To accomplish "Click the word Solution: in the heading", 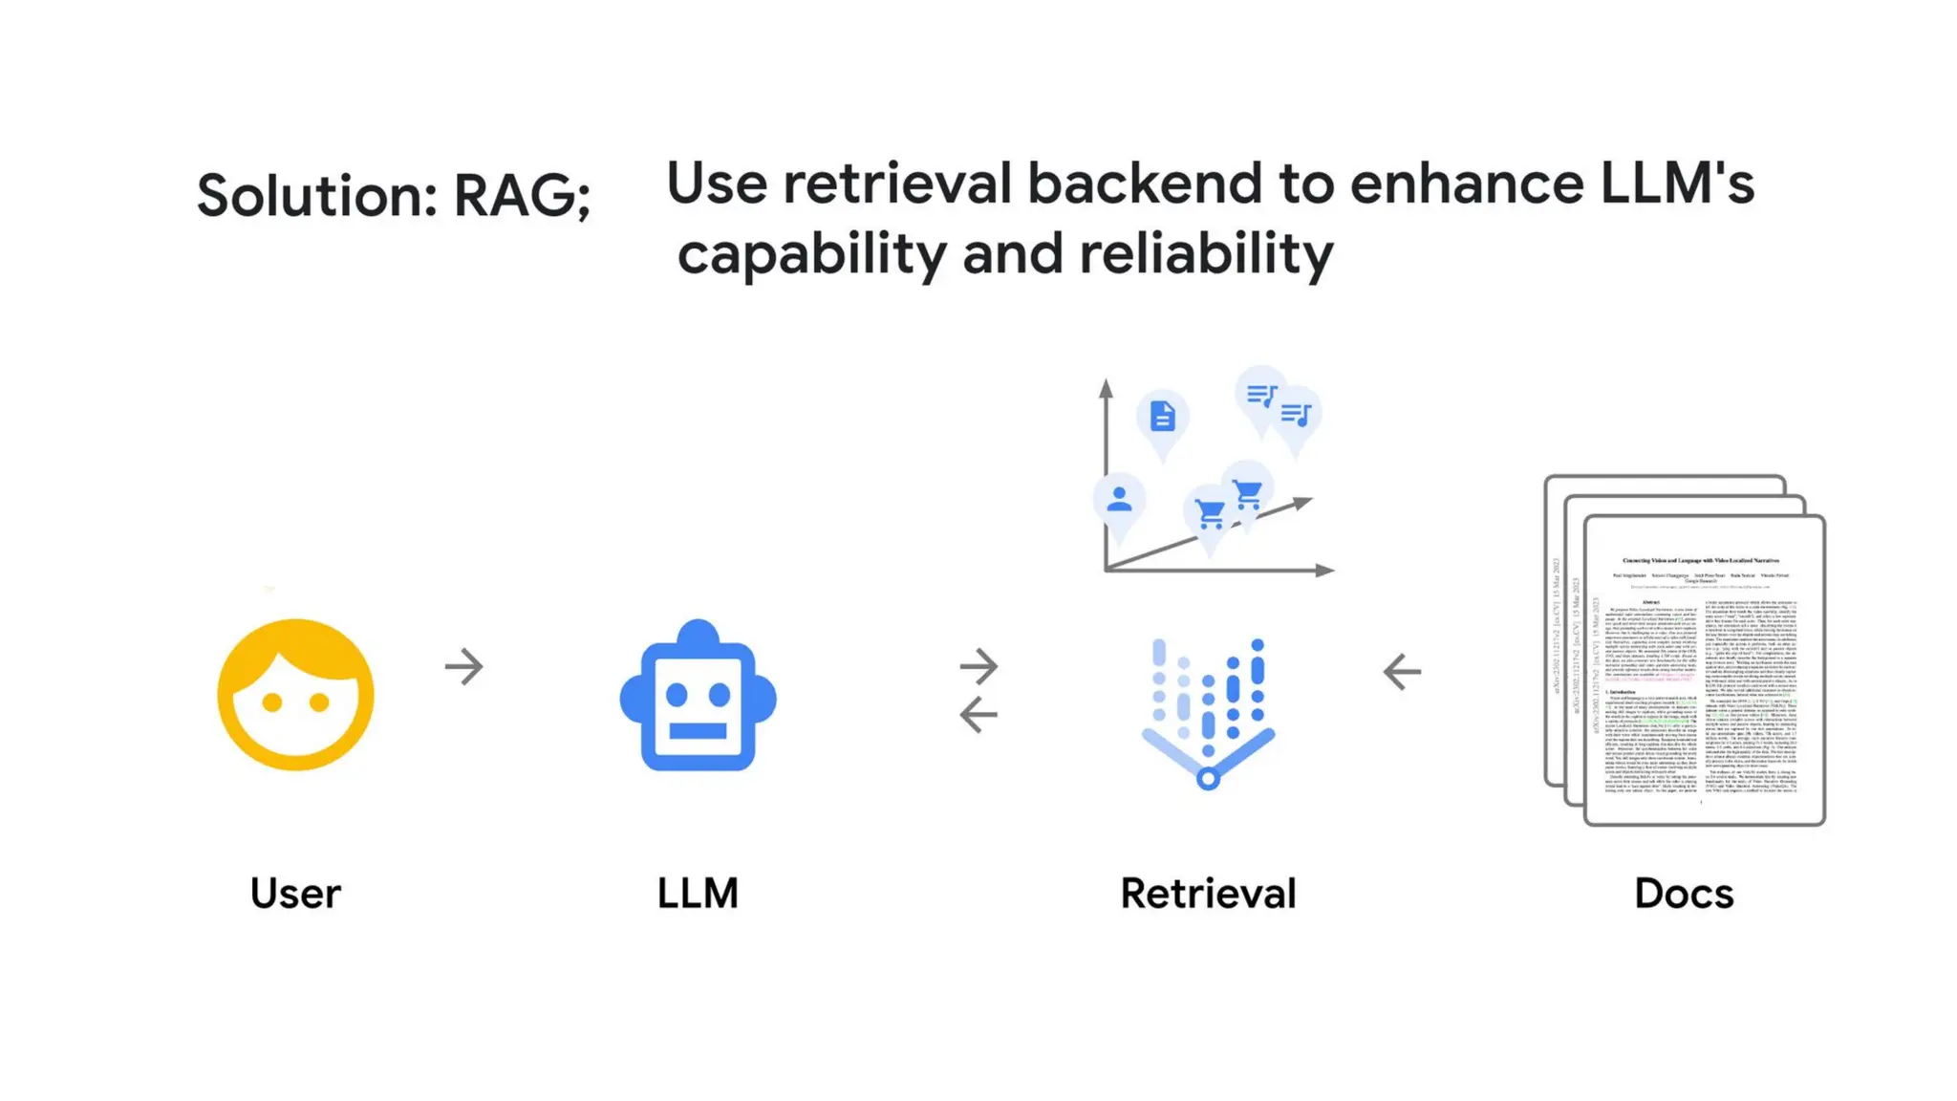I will [316, 196].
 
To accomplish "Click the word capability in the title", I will [811, 255].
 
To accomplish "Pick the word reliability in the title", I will [1205, 254].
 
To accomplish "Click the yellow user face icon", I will [295, 695].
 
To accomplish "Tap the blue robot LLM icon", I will [698, 697].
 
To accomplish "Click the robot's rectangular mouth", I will [698, 731].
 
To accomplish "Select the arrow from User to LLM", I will [464, 666].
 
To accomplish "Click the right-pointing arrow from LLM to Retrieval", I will [978, 665].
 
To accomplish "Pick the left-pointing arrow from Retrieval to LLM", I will [978, 714].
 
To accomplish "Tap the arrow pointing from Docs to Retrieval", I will [1402, 671].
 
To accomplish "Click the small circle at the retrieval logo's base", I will [1208, 778].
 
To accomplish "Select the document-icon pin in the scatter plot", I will [1162, 417].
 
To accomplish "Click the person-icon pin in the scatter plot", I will [1119, 499].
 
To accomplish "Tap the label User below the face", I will [295, 894].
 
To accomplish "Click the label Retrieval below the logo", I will [1208, 894].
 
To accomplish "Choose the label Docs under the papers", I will [1684, 894].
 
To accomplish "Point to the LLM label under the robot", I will [698, 894].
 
